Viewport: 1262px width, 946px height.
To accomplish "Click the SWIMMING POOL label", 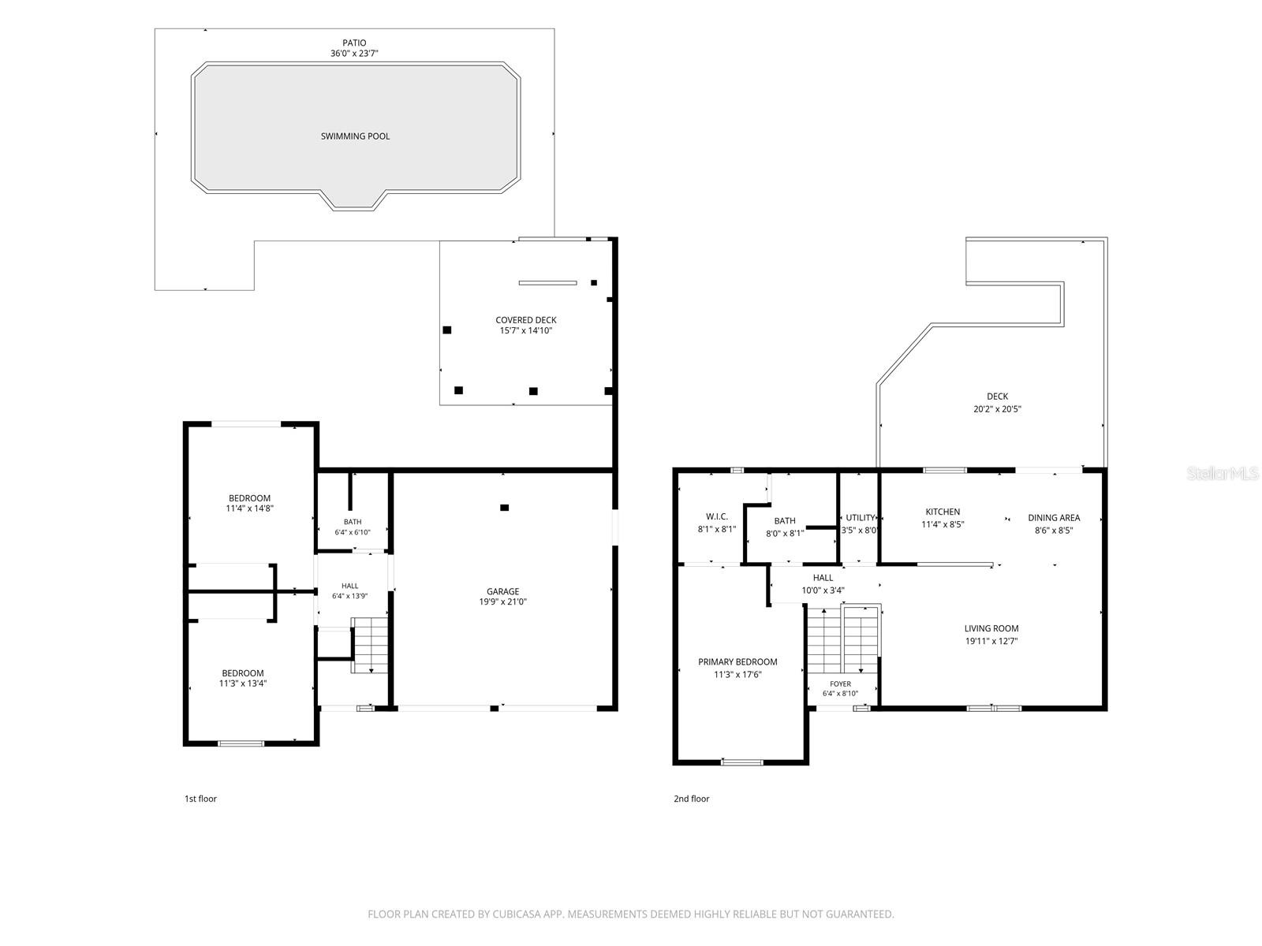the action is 355,136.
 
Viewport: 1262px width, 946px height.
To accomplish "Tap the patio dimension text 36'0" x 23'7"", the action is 354,54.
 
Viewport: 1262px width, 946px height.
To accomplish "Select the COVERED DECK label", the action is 526,320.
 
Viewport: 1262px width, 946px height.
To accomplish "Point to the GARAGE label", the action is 502,591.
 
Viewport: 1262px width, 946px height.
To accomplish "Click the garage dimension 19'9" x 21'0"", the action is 502,601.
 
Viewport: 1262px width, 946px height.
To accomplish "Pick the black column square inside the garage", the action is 504,507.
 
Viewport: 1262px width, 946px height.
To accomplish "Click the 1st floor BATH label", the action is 353,522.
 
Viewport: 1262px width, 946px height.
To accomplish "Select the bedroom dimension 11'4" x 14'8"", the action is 249,508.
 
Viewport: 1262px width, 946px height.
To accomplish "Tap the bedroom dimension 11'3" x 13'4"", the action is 243,683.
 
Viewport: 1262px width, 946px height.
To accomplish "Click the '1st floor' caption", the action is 200,799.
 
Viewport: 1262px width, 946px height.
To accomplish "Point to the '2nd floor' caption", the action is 691,799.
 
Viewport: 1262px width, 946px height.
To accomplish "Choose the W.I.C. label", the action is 716,516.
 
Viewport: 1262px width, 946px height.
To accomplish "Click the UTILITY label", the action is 860,517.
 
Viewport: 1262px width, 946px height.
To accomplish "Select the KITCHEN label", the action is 943,512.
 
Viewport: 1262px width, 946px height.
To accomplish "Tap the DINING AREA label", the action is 1054,517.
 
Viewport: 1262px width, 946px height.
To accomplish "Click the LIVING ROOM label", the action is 991,628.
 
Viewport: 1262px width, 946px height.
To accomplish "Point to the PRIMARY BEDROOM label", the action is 737,661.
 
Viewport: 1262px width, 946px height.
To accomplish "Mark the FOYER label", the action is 840,683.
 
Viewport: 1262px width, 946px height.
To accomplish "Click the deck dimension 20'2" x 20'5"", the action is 997,409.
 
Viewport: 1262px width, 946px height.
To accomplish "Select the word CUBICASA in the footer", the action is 517,914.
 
